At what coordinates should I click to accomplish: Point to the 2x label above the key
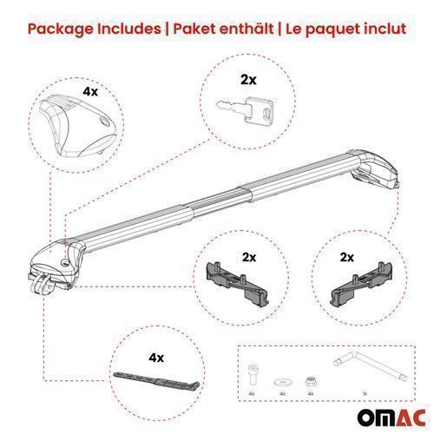point(248,80)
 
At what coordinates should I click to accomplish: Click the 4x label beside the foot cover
point(90,91)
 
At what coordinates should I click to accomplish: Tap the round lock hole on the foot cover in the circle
point(104,122)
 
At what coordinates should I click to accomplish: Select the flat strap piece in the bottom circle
point(156,380)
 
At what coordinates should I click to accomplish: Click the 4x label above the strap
point(156,358)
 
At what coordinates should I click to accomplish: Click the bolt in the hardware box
point(253,374)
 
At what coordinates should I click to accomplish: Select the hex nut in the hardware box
point(311,382)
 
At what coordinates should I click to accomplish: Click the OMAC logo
point(391,418)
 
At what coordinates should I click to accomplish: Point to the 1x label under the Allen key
point(365,393)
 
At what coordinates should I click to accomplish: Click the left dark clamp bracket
point(238,281)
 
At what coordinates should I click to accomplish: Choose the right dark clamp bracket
point(361,281)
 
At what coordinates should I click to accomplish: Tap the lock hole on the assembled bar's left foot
point(66,263)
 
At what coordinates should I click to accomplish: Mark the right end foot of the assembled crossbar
point(376,168)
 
